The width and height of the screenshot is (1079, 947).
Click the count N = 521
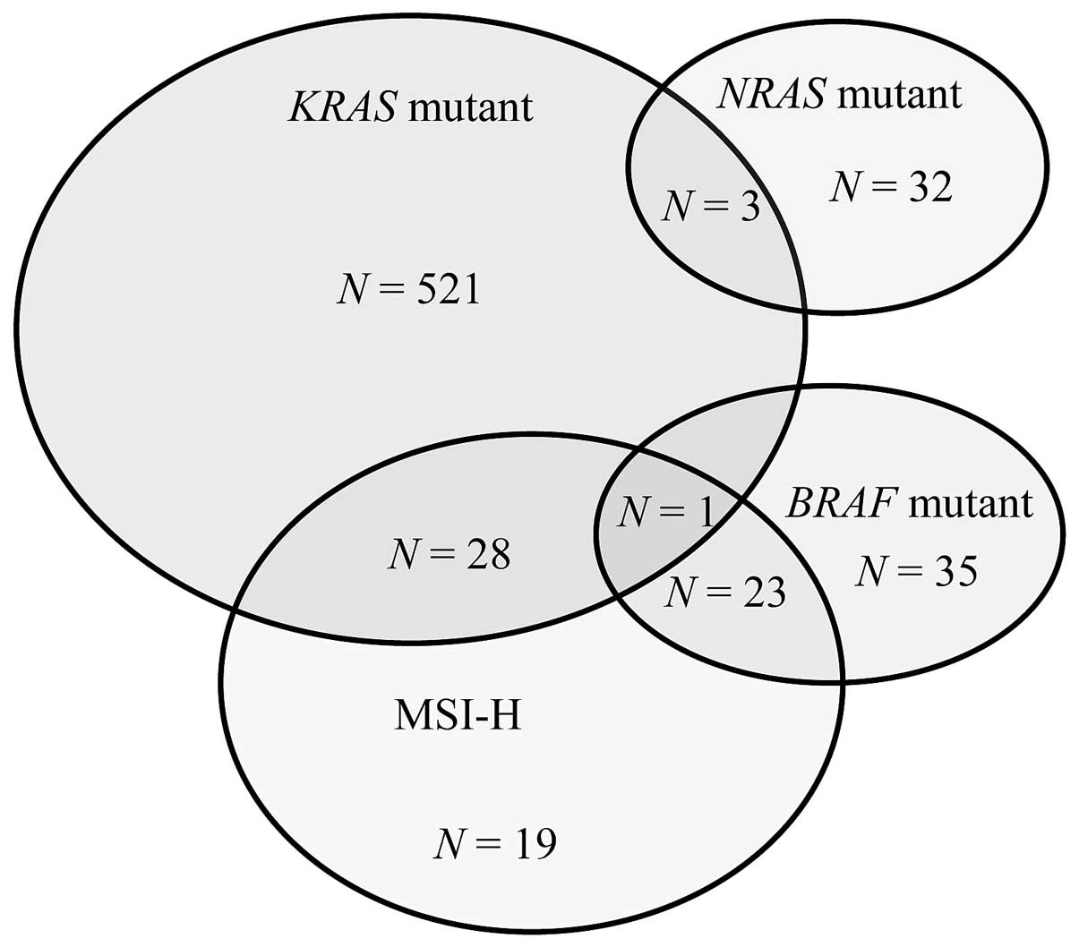(408, 290)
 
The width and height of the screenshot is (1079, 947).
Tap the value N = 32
(890, 187)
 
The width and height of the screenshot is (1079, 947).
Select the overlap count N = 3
(710, 208)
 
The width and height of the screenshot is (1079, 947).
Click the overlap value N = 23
(726, 592)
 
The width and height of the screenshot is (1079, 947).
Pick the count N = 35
(915, 571)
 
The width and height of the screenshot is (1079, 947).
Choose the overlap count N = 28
(449, 555)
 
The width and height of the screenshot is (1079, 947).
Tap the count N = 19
(495, 843)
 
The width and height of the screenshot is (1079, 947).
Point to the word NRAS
(771, 93)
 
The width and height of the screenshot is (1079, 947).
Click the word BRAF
(841, 504)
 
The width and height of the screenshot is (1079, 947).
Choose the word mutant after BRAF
(970, 504)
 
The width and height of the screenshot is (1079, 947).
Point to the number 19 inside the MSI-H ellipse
(534, 843)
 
